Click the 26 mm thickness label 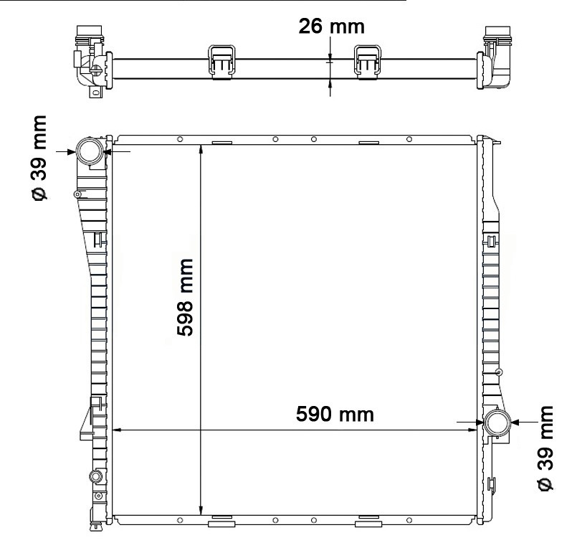coord(331,27)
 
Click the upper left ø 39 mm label coord(41,159)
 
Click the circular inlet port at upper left coord(91,151)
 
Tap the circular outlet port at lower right coord(496,422)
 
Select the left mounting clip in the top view coord(222,59)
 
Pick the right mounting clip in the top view coord(369,59)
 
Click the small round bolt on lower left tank coord(93,477)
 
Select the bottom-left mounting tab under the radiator coord(221,522)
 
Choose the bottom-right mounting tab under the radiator coord(368,522)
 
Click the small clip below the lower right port coord(492,485)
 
